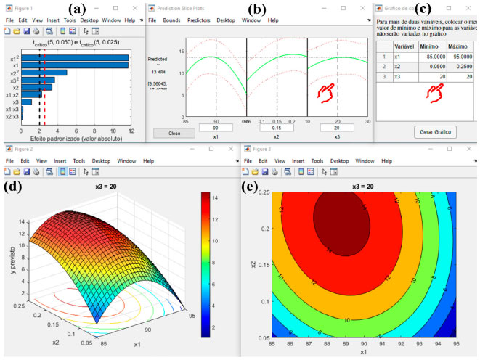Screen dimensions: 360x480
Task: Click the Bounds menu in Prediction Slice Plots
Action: pyautogui.click(x=174, y=20)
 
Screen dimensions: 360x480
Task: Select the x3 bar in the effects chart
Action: pyautogui.click(x=25, y=102)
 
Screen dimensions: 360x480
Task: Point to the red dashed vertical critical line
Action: pyautogui.click(x=44, y=87)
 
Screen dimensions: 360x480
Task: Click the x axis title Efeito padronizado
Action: pyautogui.click(x=73, y=137)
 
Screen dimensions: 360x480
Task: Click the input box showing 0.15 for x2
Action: pyautogui.click(x=277, y=128)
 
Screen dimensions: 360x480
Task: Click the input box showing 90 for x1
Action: pyautogui.click(x=216, y=128)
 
